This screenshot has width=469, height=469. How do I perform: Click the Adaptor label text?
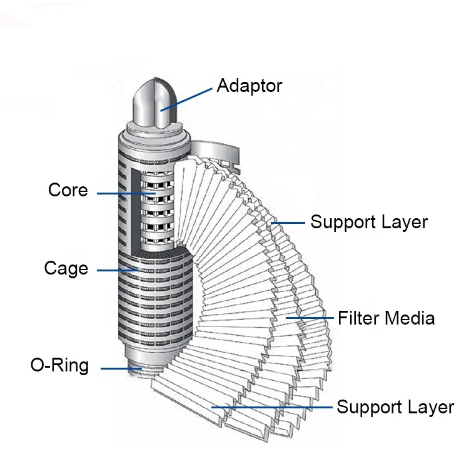pyautogui.click(x=249, y=85)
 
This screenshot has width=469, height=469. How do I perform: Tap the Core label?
pyautogui.click(x=68, y=189)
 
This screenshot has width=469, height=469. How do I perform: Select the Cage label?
pyautogui.click(x=66, y=268)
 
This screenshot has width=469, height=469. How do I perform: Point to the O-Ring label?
pyautogui.click(x=59, y=365)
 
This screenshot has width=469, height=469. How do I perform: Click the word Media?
pyautogui.click(x=410, y=318)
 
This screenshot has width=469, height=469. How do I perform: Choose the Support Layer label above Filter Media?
pyautogui.click(x=369, y=221)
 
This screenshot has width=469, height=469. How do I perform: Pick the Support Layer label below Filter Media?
pyautogui.click(x=395, y=407)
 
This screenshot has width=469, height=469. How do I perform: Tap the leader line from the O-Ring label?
pyautogui.click(x=119, y=369)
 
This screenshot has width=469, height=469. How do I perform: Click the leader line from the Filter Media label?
pyautogui.click(x=310, y=319)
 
